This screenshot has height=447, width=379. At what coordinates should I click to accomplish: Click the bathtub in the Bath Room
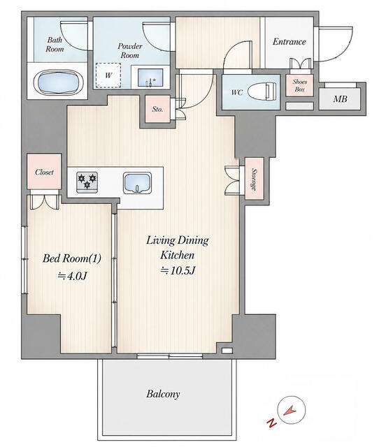tap(59, 82)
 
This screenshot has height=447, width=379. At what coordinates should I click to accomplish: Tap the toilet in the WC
tap(262, 91)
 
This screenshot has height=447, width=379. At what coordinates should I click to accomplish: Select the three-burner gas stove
tap(87, 182)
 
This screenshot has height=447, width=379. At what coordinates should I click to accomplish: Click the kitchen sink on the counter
tap(137, 183)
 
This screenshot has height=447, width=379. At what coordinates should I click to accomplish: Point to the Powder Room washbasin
tap(150, 78)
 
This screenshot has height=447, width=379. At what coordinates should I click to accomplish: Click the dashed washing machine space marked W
tap(108, 75)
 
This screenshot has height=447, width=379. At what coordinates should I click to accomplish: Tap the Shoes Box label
tap(300, 85)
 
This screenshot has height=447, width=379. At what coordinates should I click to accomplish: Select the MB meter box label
tap(340, 99)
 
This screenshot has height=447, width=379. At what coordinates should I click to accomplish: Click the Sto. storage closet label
tap(157, 109)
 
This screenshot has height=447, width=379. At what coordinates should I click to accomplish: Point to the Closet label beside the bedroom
tap(44, 172)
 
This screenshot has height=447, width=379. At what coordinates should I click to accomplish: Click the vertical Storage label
tap(254, 179)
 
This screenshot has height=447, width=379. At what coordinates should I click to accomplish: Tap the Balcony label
tap(163, 394)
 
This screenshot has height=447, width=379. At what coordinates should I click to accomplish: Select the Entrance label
tap(289, 42)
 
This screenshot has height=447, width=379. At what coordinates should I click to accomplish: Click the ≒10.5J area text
tap(178, 270)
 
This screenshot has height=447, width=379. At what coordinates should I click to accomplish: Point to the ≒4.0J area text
tap(72, 276)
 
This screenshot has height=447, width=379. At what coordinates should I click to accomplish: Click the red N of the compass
tap(271, 423)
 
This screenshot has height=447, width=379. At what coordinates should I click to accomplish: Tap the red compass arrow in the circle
tap(290, 411)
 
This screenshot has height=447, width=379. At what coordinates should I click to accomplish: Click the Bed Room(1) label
tap(72, 258)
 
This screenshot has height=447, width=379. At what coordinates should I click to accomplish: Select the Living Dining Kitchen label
tap(178, 247)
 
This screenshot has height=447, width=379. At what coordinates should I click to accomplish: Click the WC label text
tap(237, 92)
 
